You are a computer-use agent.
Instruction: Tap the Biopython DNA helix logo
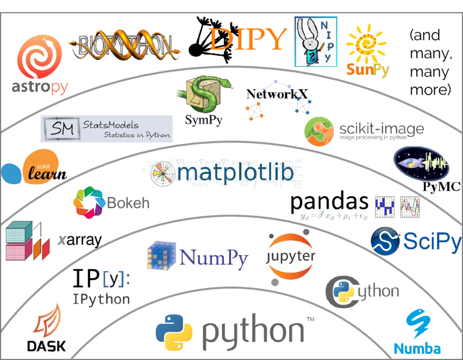[124, 46]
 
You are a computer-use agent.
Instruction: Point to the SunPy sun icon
[366, 44]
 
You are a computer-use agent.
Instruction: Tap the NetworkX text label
[277, 94]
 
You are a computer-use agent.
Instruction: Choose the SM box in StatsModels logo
[62, 128]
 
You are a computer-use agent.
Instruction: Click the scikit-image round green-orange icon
[319, 132]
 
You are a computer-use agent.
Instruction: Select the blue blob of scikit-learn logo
[12, 174]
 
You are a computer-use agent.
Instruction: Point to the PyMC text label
[441, 186]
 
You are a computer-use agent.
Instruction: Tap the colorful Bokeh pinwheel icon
[89, 202]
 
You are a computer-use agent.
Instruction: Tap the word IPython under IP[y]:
[101, 299]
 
